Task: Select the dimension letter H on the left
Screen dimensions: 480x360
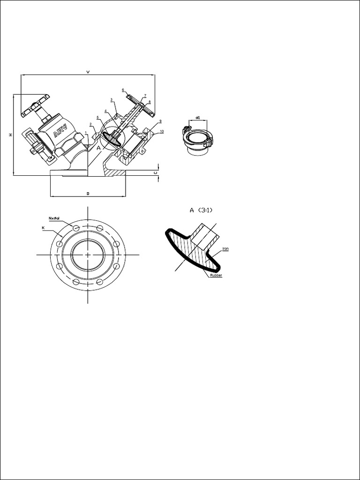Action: click(10, 135)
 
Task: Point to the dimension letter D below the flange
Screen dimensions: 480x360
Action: click(88, 193)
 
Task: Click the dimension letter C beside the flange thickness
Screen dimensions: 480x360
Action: click(156, 172)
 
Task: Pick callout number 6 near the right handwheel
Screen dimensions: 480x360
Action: click(123, 90)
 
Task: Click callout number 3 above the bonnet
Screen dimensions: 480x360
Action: click(111, 99)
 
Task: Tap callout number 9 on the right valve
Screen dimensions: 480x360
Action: click(160, 121)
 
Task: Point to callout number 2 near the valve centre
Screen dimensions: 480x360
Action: click(90, 124)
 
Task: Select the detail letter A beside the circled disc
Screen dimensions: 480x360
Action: click(98, 147)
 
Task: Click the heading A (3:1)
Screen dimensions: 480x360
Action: click(201, 210)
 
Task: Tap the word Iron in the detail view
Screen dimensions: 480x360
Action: click(225, 248)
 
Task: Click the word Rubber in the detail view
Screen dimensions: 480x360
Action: click(216, 275)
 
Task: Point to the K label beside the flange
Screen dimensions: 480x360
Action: click(43, 227)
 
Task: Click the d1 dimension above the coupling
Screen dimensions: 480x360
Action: click(198, 117)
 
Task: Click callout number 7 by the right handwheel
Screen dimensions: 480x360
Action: click(145, 95)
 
